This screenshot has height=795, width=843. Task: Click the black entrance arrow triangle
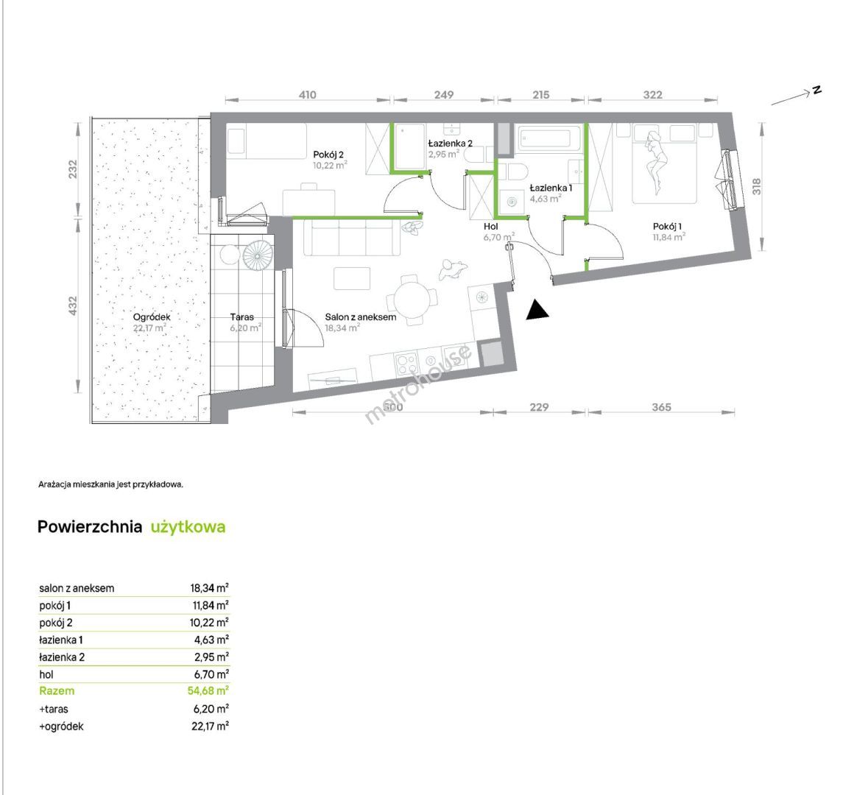(537, 311)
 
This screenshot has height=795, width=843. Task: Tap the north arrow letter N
(816, 90)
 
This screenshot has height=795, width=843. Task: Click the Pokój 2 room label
(328, 155)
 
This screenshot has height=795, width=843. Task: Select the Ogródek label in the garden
(152, 317)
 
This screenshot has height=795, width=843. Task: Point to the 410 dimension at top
(307, 95)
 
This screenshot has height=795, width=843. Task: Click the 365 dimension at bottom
(661, 407)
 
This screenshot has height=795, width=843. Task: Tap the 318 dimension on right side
(756, 186)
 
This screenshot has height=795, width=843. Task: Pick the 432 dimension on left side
(73, 305)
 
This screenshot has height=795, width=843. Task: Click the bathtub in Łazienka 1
(549, 138)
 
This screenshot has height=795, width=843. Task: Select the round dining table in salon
(412, 300)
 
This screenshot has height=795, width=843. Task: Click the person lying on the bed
(656, 162)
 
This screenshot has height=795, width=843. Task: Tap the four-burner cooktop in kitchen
(406, 363)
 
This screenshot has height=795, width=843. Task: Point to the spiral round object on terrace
(258, 254)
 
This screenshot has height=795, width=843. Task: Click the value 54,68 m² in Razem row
(208, 690)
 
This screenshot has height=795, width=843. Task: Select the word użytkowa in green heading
(188, 527)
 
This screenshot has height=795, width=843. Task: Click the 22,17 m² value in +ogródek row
(211, 727)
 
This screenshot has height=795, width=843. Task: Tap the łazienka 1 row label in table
(61, 640)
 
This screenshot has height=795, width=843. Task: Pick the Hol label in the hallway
(490, 226)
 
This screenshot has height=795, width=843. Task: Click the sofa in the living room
(352, 237)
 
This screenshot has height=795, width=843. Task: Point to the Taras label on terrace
(241, 317)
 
